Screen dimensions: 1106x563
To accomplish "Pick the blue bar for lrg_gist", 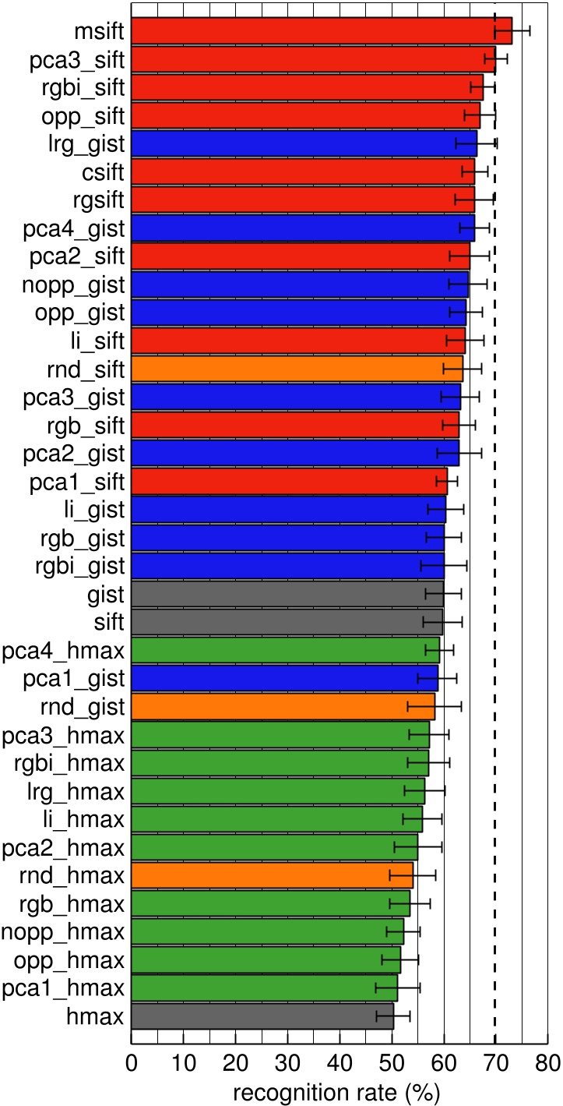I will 304,143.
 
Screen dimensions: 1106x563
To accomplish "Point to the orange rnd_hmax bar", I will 272,875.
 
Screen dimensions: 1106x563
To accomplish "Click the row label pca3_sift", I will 75,59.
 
